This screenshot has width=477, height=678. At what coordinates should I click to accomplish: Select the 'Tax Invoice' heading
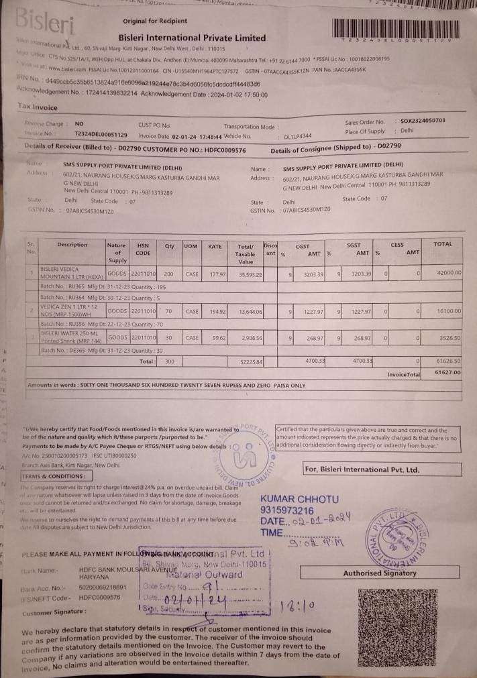38,107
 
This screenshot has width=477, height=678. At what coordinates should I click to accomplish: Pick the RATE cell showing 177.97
215,274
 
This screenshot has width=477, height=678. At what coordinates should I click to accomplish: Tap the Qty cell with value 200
168,274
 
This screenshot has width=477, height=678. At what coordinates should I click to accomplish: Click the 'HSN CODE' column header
143,249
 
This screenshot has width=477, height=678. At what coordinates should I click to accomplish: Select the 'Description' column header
72,245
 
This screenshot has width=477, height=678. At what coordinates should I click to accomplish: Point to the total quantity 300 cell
169,361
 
